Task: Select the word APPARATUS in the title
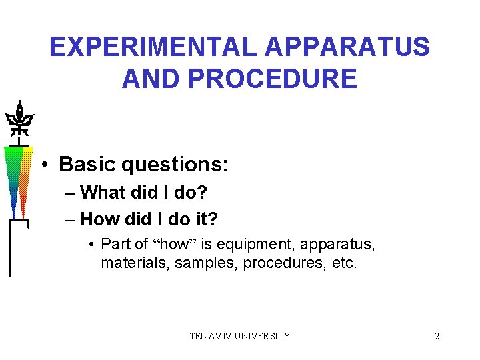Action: click(x=347, y=47)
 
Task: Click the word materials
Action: click(x=135, y=263)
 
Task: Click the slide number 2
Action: click(x=437, y=336)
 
